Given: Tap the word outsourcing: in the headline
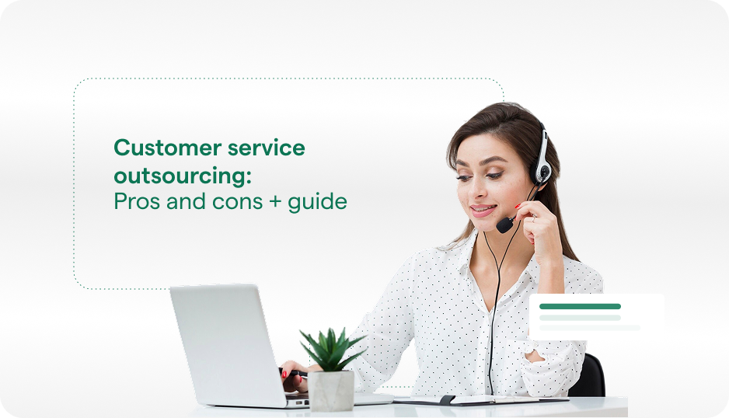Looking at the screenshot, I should [x=183, y=175].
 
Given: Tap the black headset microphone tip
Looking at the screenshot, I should [x=504, y=225].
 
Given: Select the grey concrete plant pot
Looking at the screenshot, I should [x=331, y=390].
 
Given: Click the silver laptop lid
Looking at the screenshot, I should [x=225, y=342].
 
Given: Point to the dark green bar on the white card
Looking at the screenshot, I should [x=580, y=306].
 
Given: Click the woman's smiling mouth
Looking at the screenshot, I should [x=482, y=210].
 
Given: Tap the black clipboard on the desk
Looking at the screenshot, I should [x=482, y=400].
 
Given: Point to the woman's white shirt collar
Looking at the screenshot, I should [x=466, y=260].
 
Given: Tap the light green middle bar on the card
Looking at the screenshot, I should [x=580, y=317].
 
